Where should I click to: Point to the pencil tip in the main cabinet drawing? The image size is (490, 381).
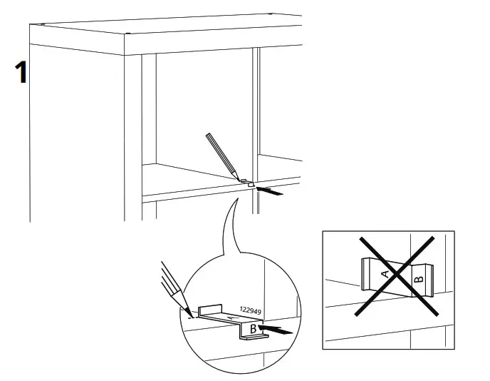coord(237,178)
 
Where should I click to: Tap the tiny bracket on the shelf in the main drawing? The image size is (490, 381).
coord(246,182)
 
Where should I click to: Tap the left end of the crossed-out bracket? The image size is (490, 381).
coord(365,274)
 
